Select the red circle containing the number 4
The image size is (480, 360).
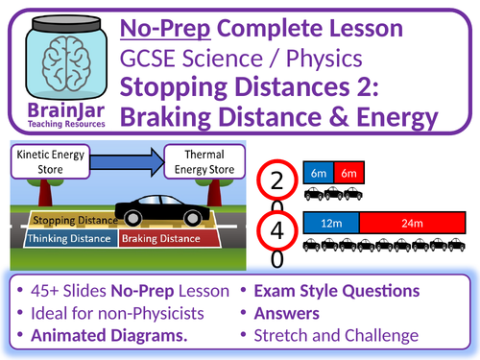pos(277,231)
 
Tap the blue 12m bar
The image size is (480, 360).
pos(331,223)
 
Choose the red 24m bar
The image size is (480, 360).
pos(412,223)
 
